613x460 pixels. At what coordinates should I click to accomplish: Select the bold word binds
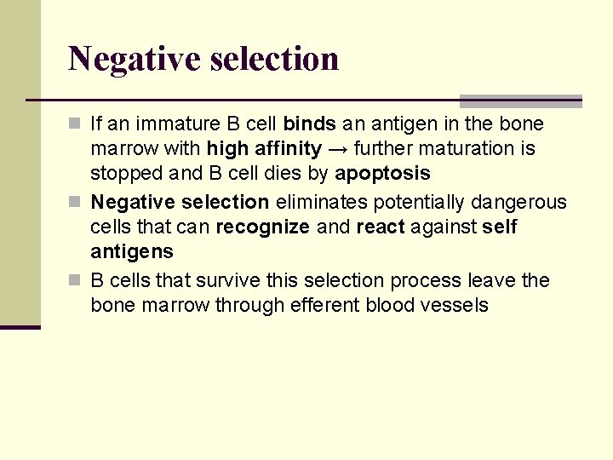(x=310, y=124)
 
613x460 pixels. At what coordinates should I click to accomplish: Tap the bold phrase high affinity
(x=264, y=149)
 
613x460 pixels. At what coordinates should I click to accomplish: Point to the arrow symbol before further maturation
(x=337, y=149)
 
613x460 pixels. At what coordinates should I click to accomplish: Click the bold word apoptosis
(x=382, y=174)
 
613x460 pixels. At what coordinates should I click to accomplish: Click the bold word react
(x=381, y=227)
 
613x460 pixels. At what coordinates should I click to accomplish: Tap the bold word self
(x=499, y=227)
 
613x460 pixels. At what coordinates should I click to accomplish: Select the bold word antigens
(x=132, y=252)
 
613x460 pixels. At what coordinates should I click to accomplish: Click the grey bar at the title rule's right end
(x=520, y=101)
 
